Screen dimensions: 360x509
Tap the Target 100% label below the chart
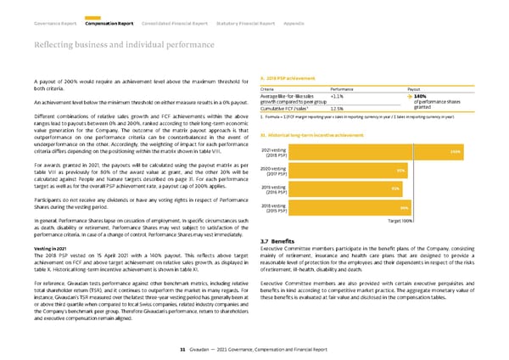(400, 222)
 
